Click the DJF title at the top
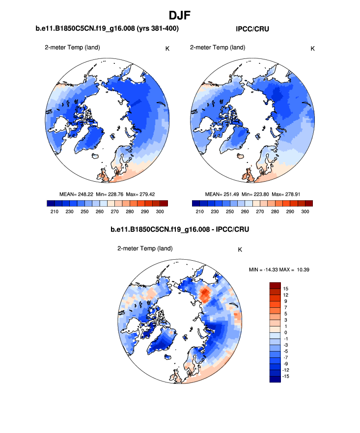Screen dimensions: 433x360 (x=180, y=16)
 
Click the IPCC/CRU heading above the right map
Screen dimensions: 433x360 (x=252, y=29)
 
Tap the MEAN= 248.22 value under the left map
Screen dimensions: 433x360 (x=76, y=194)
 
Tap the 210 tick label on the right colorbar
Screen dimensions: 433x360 (x=199, y=211)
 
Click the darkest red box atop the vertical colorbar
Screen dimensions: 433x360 (x=275, y=285)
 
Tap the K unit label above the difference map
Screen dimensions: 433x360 (x=240, y=249)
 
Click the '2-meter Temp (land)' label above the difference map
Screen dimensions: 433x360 (x=144, y=249)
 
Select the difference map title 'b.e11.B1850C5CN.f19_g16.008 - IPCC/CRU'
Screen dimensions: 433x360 (x=180, y=229)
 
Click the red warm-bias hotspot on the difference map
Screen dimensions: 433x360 (x=205, y=295)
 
